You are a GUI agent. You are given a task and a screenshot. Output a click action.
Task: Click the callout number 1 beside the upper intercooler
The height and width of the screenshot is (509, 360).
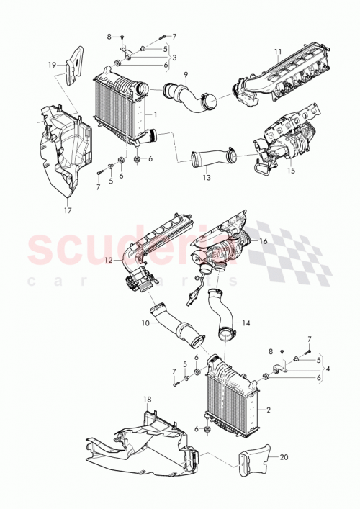(154, 114)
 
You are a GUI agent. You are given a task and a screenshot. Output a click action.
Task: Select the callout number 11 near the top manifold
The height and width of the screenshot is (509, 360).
(277, 52)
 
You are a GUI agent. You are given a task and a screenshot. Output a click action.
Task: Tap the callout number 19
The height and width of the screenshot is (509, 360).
(53, 65)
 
